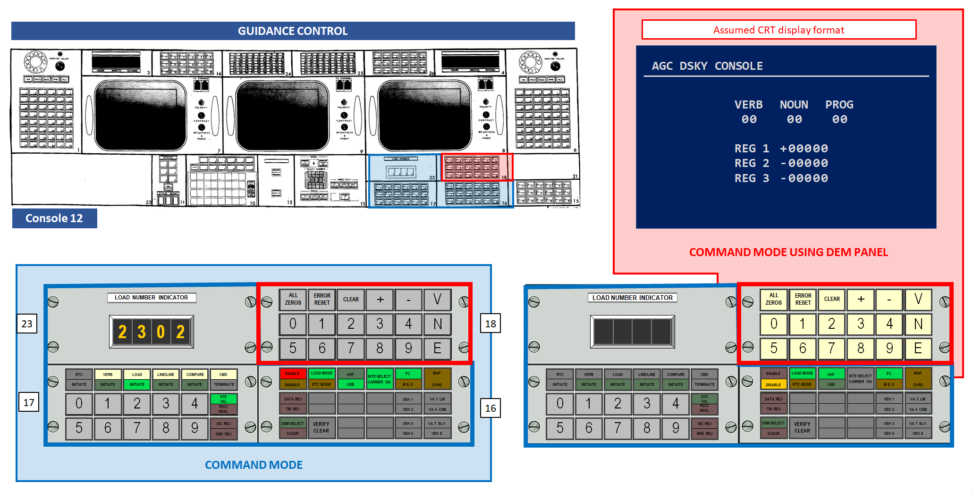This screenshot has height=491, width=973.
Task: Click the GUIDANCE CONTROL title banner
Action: [293, 31]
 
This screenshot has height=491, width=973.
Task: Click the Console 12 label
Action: [54, 218]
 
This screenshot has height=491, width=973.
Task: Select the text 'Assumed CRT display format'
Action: [778, 30]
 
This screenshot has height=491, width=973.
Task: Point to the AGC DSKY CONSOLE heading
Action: [707, 66]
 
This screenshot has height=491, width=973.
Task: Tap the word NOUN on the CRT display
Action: [794, 105]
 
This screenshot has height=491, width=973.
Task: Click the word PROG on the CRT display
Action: [839, 105]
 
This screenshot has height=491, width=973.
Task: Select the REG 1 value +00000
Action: [804, 149]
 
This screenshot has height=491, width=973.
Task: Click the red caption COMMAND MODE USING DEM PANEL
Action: [788, 252]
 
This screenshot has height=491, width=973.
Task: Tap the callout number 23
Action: [27, 324]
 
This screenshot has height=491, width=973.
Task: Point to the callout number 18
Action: [491, 324]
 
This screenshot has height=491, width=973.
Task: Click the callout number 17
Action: [29, 402]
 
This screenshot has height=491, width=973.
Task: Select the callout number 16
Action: [491, 408]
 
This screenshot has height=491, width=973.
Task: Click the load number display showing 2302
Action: [151, 332]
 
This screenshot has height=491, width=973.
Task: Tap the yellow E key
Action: [918, 349]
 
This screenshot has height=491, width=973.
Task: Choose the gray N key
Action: [437, 324]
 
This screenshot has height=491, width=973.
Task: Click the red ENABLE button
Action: [292, 374]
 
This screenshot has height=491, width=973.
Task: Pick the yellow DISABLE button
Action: [773, 385]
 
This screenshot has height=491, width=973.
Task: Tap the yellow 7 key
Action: [831, 349]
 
